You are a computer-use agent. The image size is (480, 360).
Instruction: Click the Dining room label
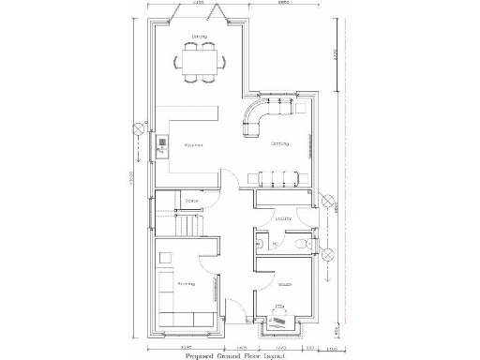pos(199,37)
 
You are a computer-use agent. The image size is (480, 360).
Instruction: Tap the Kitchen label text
pos(194,145)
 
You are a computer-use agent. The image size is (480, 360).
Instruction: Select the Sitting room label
pos(280,143)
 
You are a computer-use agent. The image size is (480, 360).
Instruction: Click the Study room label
pos(284,283)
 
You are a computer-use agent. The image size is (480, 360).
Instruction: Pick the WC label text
pos(262,244)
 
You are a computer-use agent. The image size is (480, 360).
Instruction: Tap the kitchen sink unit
pos(161,144)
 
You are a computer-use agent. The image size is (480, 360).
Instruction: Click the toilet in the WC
pos(297,244)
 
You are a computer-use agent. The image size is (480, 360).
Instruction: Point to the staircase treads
pos(188,226)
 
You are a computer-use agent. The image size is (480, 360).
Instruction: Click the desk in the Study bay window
pos(280,317)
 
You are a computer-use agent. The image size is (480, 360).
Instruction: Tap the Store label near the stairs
pos(191,201)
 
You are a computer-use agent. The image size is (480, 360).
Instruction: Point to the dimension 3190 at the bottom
pos(186,346)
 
